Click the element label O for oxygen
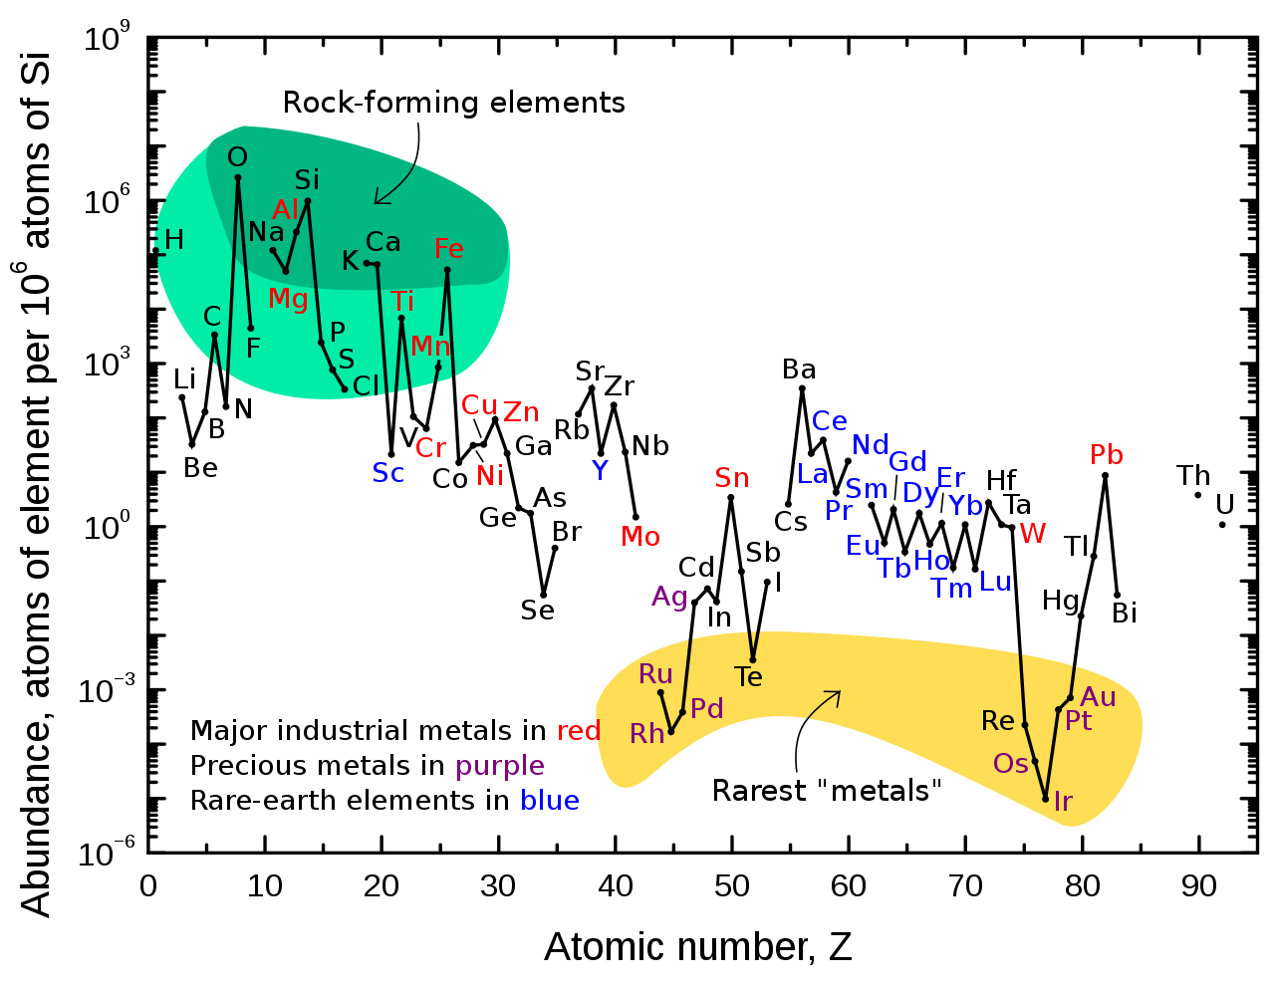point(237,157)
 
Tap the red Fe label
point(448,249)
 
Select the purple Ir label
point(1063,802)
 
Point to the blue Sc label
point(388,473)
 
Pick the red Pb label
point(1106,455)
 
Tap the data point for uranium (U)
point(1222,525)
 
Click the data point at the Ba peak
point(802,388)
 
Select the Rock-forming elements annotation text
point(454,103)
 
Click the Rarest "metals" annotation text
point(827,792)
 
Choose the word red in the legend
point(578,732)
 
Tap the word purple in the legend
point(499,766)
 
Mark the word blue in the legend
point(549,801)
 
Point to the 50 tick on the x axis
point(731,884)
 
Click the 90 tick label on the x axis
point(1198,884)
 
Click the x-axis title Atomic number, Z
point(697,946)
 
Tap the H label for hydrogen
point(174,240)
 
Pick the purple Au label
point(1098,697)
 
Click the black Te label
point(748,677)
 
